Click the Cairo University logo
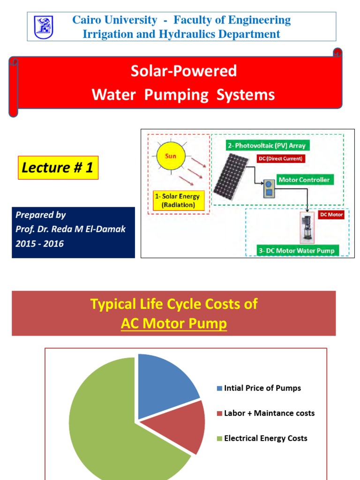(x=44, y=27)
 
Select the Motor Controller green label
(x=303, y=180)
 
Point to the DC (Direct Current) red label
(x=281, y=159)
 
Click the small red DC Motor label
(x=331, y=215)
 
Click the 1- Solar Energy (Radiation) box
(x=177, y=201)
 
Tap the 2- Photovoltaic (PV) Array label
(x=266, y=146)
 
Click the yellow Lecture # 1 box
(x=59, y=168)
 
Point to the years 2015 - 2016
(x=40, y=243)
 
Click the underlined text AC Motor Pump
(x=173, y=324)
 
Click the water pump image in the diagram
(x=307, y=227)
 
